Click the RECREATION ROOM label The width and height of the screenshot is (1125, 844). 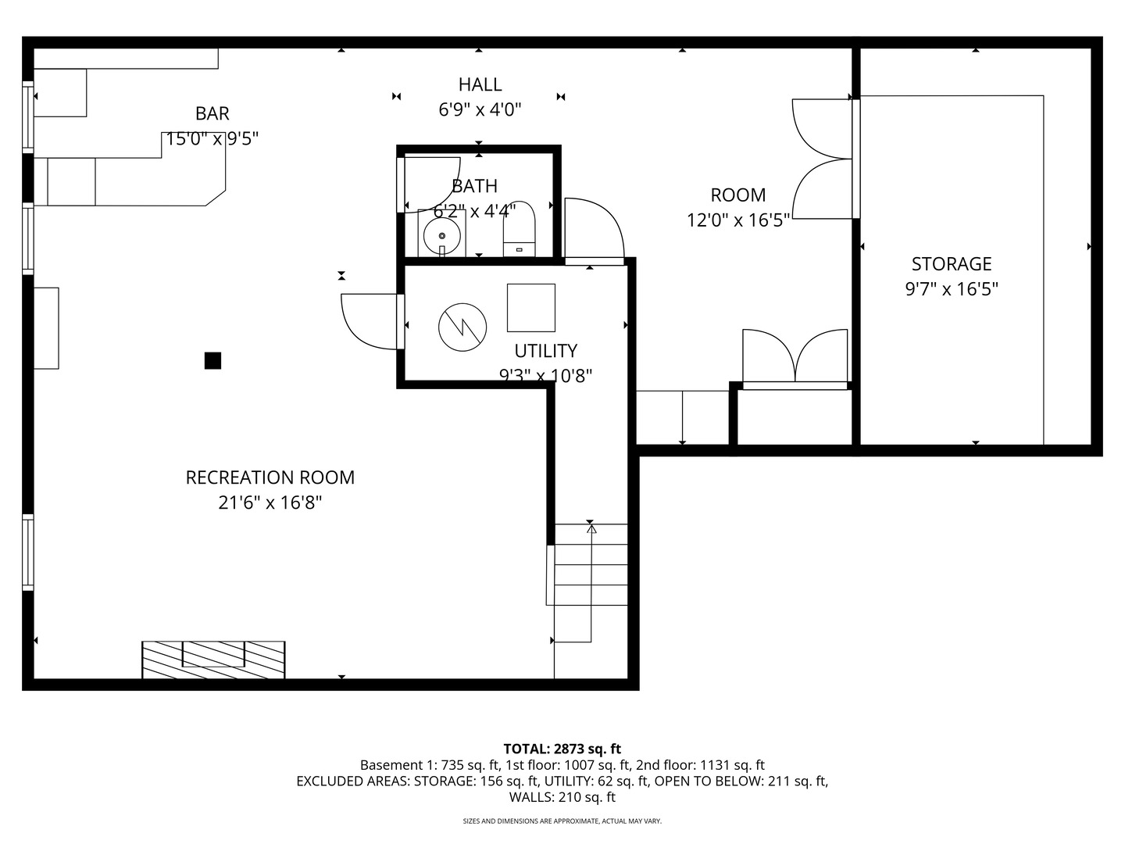[270, 477]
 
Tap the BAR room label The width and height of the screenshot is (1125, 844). [212, 113]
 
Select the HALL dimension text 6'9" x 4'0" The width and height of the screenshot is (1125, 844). [480, 109]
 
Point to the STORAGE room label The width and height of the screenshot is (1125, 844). [951, 264]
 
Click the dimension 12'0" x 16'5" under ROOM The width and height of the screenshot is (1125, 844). [737, 220]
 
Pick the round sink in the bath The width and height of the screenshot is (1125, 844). [442, 234]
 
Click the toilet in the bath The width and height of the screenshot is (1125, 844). [520, 231]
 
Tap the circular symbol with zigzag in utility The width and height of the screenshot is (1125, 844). [462, 326]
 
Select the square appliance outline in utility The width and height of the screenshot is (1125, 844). [531, 308]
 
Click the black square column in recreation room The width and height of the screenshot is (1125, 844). [212, 360]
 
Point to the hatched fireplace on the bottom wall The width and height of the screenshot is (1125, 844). [213, 660]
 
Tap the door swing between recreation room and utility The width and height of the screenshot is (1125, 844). [370, 320]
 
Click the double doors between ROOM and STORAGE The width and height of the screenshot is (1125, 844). [823, 159]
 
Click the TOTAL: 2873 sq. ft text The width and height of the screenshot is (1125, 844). [562, 749]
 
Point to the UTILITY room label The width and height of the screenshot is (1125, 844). [545, 351]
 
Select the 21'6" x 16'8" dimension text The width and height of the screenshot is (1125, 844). [270, 502]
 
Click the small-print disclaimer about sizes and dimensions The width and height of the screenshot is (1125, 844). [562, 821]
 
